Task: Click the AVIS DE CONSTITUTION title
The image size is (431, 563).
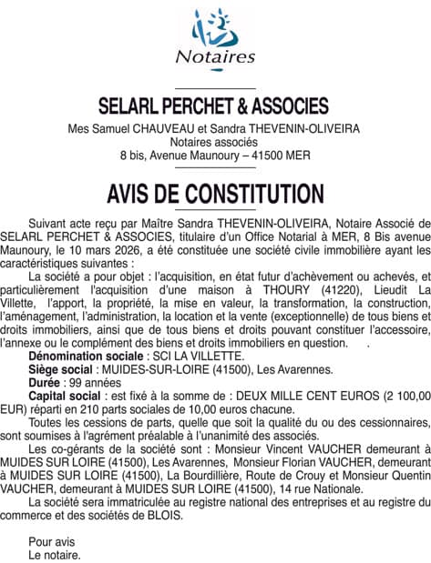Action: (x=215, y=193)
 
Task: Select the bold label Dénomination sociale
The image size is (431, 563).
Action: (x=87, y=357)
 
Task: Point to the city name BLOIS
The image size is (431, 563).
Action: (x=163, y=514)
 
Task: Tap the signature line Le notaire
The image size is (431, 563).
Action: (x=55, y=554)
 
